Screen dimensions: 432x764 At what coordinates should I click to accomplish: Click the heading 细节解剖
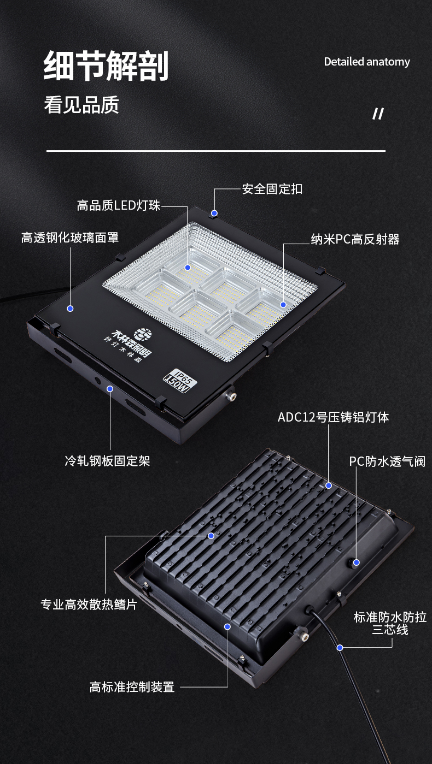tap(106, 66)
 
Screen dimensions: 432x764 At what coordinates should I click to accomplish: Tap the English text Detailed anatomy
tap(367, 62)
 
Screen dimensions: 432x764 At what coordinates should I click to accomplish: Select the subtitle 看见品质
tap(81, 104)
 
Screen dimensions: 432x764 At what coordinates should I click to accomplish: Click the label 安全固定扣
tap(272, 189)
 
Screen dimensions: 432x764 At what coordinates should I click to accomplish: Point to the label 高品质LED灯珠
tap(119, 206)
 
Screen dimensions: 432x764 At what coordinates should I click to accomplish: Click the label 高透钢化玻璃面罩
tap(70, 238)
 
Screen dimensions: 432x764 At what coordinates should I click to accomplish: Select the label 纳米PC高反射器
tap(355, 239)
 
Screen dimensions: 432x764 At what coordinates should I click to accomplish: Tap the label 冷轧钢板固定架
tap(108, 461)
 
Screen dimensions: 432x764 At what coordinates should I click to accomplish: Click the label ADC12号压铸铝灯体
tap(334, 417)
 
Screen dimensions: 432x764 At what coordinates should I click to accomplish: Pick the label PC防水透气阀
tap(387, 461)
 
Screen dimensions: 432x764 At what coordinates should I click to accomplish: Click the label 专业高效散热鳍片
tap(89, 605)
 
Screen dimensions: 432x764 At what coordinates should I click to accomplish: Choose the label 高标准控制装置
tap(132, 687)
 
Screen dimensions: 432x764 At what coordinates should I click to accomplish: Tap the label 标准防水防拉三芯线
tap(390, 623)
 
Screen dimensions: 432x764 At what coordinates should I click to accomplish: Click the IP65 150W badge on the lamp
tap(180, 380)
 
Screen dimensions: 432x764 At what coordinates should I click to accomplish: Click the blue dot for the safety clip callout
tap(214, 213)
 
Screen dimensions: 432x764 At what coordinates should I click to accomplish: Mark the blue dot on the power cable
tap(340, 647)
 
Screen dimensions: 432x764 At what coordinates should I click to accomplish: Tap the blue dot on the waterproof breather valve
tap(356, 562)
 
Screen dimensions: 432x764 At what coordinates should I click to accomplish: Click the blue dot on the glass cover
tap(71, 309)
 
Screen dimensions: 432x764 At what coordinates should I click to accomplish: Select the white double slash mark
tap(378, 114)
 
